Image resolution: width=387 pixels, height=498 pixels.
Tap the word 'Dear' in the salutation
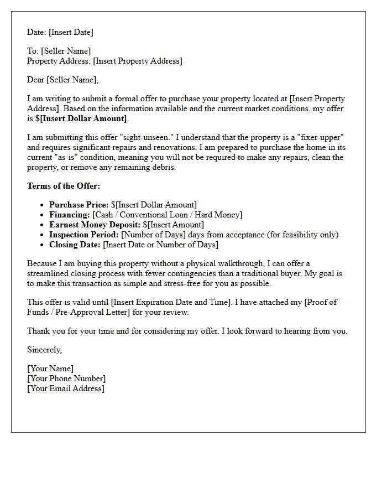[x=36, y=80]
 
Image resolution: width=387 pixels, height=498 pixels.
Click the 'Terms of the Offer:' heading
[x=64, y=186]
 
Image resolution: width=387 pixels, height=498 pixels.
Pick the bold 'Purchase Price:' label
[x=79, y=205]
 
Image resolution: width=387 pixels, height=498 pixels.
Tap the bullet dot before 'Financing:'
[x=43, y=215]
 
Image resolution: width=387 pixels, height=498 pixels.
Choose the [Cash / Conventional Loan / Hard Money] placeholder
[x=168, y=215]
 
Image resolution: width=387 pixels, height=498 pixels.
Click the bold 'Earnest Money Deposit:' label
[x=95, y=225]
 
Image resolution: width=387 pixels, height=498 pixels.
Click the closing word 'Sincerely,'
[x=45, y=350]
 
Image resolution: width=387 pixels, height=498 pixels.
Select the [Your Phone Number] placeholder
[x=66, y=378]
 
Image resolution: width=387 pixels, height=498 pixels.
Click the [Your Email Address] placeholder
[x=66, y=388]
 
